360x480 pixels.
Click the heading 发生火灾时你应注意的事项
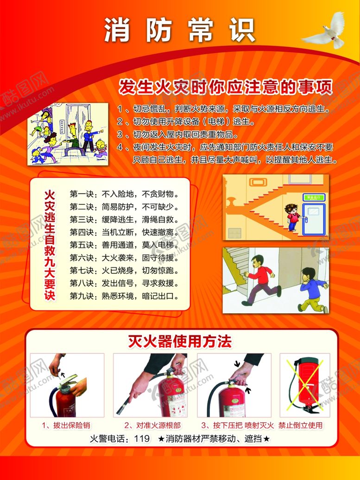(x=226, y=87)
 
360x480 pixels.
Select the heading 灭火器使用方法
(x=179, y=342)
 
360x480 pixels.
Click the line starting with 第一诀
(x=124, y=193)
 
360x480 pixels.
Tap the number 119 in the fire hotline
(x=141, y=438)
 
